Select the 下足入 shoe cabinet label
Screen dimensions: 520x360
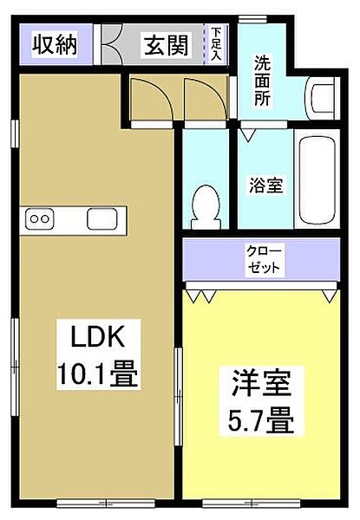point(216,42)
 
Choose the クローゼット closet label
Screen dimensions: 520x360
point(264,258)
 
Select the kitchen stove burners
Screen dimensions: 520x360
point(41,219)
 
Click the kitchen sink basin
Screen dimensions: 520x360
point(101,219)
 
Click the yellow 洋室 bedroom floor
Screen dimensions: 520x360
point(260,459)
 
